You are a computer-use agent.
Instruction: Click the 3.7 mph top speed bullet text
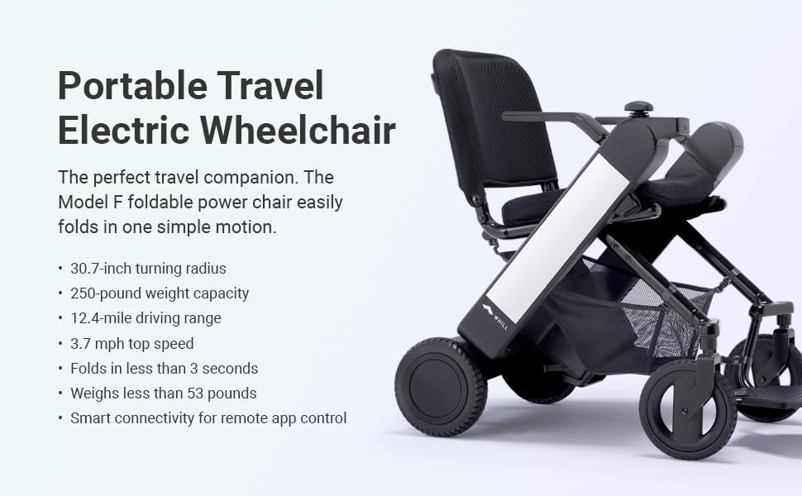(x=132, y=343)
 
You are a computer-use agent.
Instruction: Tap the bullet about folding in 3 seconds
(x=164, y=368)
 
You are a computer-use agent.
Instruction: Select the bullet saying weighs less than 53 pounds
(x=163, y=393)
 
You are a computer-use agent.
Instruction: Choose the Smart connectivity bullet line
(x=208, y=417)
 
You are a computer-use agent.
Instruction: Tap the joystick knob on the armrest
(x=638, y=107)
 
